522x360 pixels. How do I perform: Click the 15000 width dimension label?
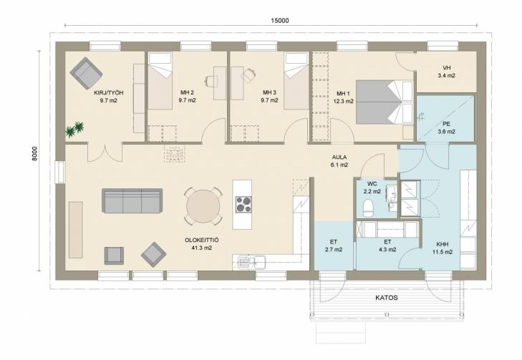coord(279,21)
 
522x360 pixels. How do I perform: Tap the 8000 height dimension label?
coord(34,153)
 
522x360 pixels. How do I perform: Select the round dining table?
coord(203,206)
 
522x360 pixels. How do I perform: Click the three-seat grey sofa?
coord(132,200)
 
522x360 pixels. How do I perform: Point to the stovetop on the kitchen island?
coord(243,204)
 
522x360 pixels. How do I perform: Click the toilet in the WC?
coord(368,208)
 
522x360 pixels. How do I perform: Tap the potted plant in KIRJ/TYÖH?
coord(75,129)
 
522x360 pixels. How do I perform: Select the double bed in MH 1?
coord(385,102)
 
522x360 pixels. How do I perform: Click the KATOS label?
coord(387,298)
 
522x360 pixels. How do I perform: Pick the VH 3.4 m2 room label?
coord(446,72)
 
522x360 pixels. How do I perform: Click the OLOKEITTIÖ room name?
coord(202,240)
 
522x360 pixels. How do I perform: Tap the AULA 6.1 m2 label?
coord(339,161)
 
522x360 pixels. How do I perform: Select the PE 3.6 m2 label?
coord(446,128)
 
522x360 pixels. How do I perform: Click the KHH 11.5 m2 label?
coord(443,248)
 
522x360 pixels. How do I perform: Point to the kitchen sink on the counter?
coord(251,262)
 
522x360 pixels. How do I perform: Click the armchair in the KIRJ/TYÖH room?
coord(86,73)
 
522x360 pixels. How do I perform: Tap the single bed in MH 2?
coord(160,81)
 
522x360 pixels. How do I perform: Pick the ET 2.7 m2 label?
coord(334,246)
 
